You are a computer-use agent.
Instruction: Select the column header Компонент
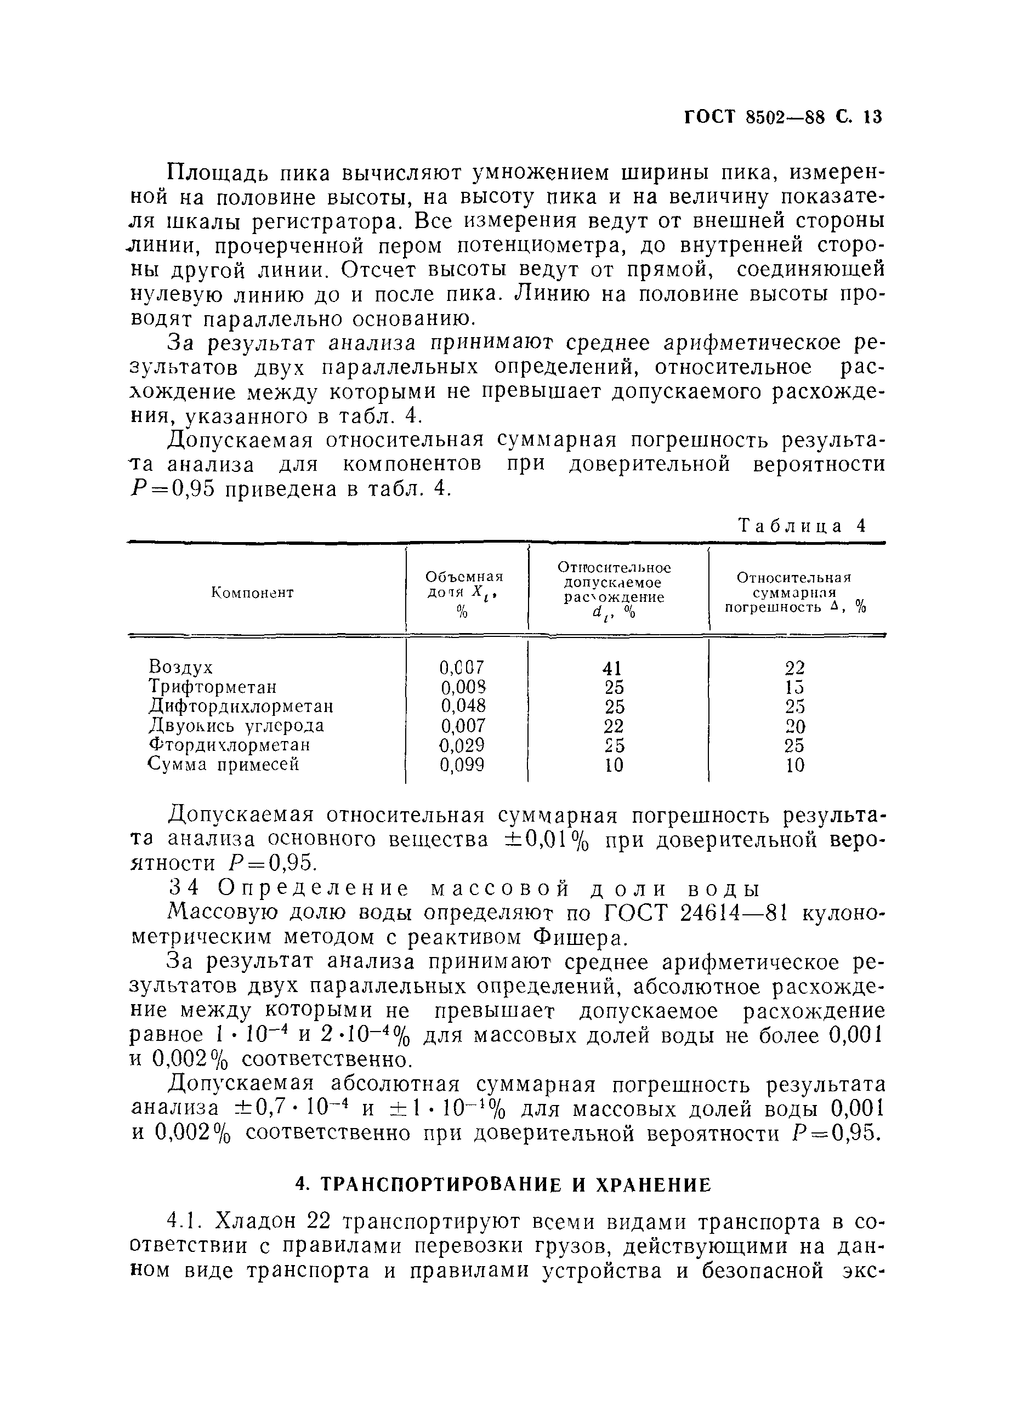(x=252, y=593)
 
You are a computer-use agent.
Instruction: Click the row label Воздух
(x=180, y=668)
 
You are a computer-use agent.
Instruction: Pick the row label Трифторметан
(x=212, y=687)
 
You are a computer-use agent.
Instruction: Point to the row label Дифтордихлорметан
(x=241, y=706)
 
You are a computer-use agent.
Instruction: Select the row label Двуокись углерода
(x=236, y=725)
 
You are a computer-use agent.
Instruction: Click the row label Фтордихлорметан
(x=229, y=744)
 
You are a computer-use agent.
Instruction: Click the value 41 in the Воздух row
(x=613, y=668)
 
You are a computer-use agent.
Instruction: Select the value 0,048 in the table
(x=463, y=706)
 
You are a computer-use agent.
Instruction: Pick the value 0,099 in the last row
(x=463, y=765)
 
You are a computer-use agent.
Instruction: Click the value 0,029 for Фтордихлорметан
(x=463, y=745)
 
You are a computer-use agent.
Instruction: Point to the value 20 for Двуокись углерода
(x=795, y=726)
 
